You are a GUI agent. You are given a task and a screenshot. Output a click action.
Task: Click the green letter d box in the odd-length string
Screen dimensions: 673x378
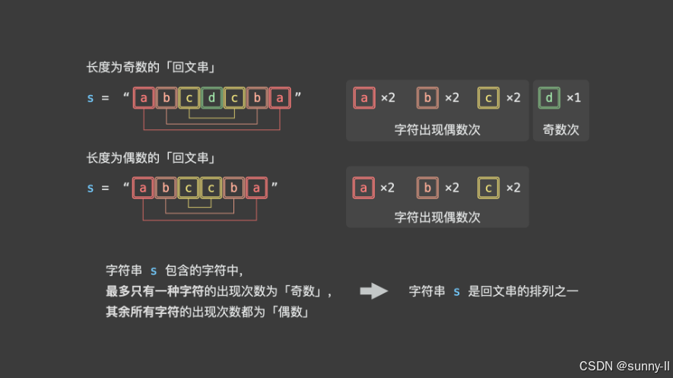click(x=212, y=98)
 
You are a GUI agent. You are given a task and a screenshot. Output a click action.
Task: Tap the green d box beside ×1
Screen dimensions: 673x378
click(x=549, y=98)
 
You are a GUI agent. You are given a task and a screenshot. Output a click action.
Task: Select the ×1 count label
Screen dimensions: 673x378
click(x=573, y=98)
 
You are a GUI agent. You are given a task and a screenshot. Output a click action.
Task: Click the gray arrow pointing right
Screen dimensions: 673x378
click(x=373, y=291)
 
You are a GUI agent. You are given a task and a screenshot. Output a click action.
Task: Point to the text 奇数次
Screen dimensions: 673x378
click(x=560, y=130)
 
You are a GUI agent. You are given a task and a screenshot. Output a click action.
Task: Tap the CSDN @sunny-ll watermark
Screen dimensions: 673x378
click(x=623, y=366)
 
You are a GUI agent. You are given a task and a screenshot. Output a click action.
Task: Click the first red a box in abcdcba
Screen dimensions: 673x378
click(x=144, y=98)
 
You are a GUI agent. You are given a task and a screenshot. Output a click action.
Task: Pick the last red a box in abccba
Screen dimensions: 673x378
click(x=257, y=188)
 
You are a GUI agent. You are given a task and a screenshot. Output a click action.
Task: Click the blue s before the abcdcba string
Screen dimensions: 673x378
click(x=90, y=98)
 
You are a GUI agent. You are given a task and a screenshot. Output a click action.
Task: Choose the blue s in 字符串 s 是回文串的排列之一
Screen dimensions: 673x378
click(x=456, y=291)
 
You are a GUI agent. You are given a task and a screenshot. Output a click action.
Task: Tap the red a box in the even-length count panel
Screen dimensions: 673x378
click(x=363, y=188)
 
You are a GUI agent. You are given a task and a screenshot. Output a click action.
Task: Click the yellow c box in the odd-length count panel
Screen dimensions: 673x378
click(x=488, y=98)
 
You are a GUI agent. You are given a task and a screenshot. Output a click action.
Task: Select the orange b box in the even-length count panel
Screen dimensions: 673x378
click(x=427, y=188)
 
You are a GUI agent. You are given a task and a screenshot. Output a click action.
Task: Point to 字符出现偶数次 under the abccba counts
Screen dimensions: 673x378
click(x=437, y=218)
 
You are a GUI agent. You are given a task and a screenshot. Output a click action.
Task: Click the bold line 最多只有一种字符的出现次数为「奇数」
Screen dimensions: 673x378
click(x=219, y=291)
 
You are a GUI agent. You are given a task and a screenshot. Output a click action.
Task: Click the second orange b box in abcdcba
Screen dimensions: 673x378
click(x=257, y=98)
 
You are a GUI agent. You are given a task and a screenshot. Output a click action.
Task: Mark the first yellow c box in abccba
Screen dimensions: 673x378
click(x=189, y=188)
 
